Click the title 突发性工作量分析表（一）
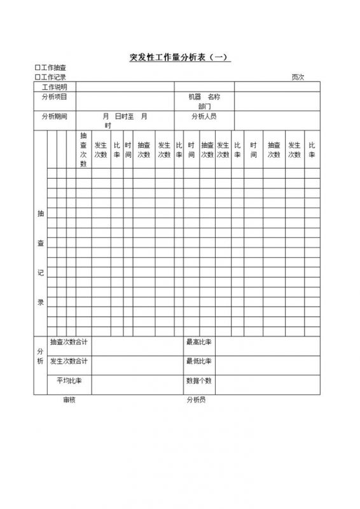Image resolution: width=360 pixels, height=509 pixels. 179,57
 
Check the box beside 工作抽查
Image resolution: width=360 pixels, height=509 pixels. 38,68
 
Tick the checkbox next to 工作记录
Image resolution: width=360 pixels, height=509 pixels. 38,77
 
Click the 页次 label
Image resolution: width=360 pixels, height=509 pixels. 298,77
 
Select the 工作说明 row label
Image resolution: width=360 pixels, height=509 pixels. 54,87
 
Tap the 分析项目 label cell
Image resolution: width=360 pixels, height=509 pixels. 54,97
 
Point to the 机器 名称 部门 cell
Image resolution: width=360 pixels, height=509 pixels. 204,101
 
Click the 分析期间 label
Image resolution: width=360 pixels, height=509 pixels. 54,116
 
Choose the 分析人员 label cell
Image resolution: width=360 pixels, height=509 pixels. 204,116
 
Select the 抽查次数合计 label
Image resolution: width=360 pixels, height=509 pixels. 69,342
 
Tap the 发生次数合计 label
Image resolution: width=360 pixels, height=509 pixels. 69,361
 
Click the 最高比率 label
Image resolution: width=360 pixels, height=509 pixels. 198,342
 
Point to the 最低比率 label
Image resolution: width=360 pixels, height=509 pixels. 198,361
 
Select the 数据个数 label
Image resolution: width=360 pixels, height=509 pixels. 198,381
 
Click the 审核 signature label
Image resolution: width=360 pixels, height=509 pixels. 69,400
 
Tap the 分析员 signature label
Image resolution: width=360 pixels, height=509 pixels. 196,400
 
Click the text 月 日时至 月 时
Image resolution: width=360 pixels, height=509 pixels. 125,121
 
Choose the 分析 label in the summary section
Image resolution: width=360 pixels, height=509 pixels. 40,357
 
